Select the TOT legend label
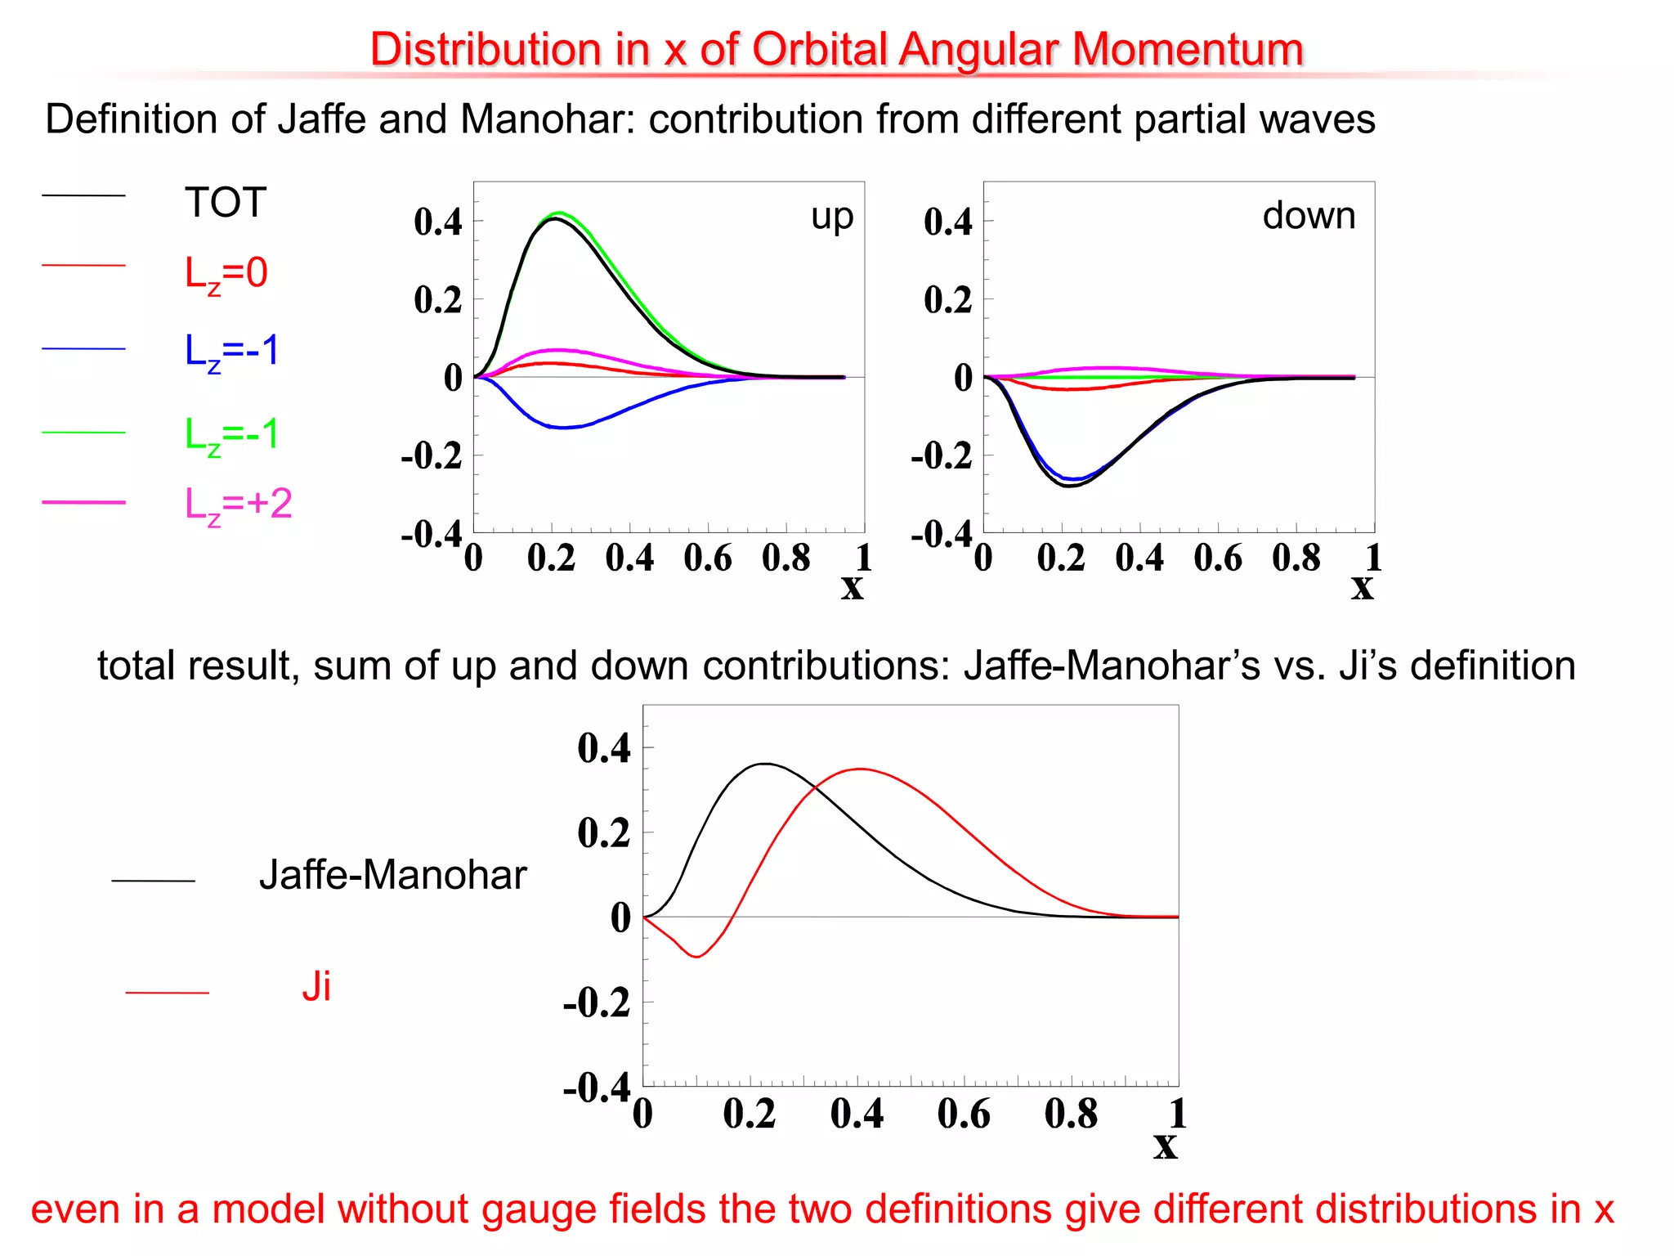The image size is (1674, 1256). (226, 202)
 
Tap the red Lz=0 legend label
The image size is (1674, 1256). (226, 273)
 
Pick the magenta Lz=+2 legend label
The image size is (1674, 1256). (238, 504)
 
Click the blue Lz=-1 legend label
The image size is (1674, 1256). (232, 351)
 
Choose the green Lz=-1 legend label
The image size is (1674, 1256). (232, 434)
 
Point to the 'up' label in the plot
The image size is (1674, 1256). (832, 217)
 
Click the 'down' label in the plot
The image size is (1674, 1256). (1309, 216)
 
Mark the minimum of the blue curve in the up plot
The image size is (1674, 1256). (564, 428)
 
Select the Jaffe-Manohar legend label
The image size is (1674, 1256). (392, 875)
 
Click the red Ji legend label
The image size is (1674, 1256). (316, 987)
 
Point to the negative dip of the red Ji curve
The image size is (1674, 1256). (696, 956)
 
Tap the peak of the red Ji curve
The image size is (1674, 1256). (860, 769)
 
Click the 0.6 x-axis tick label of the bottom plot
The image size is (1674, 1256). (964, 1114)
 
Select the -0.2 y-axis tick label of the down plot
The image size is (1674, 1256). (942, 456)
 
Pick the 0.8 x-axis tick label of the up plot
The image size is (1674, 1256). (786, 558)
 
